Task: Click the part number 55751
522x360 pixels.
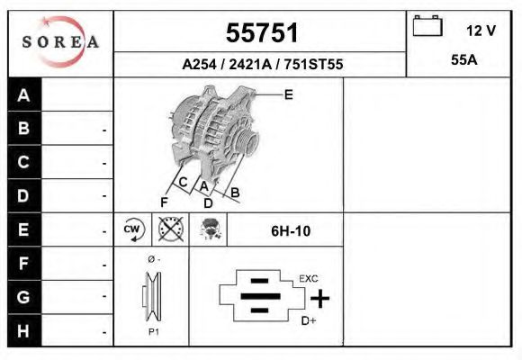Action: click(x=261, y=33)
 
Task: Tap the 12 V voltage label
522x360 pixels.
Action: click(x=481, y=31)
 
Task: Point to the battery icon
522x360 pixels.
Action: click(x=427, y=27)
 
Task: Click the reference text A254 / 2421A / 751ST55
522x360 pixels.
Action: click(x=262, y=65)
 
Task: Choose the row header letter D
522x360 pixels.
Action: click(x=24, y=195)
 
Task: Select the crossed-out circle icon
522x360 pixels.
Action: click(x=170, y=230)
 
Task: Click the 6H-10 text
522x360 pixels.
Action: click(x=290, y=231)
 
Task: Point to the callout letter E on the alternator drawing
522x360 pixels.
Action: click(x=288, y=94)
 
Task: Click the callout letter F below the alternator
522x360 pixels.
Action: click(x=164, y=202)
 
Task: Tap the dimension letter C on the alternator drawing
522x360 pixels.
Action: click(x=183, y=183)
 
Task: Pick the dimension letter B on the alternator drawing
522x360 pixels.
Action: click(x=235, y=192)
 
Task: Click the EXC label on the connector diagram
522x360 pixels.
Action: click(x=308, y=278)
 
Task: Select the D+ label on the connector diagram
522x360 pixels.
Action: click(x=308, y=320)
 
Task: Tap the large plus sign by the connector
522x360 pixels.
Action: click(x=319, y=298)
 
